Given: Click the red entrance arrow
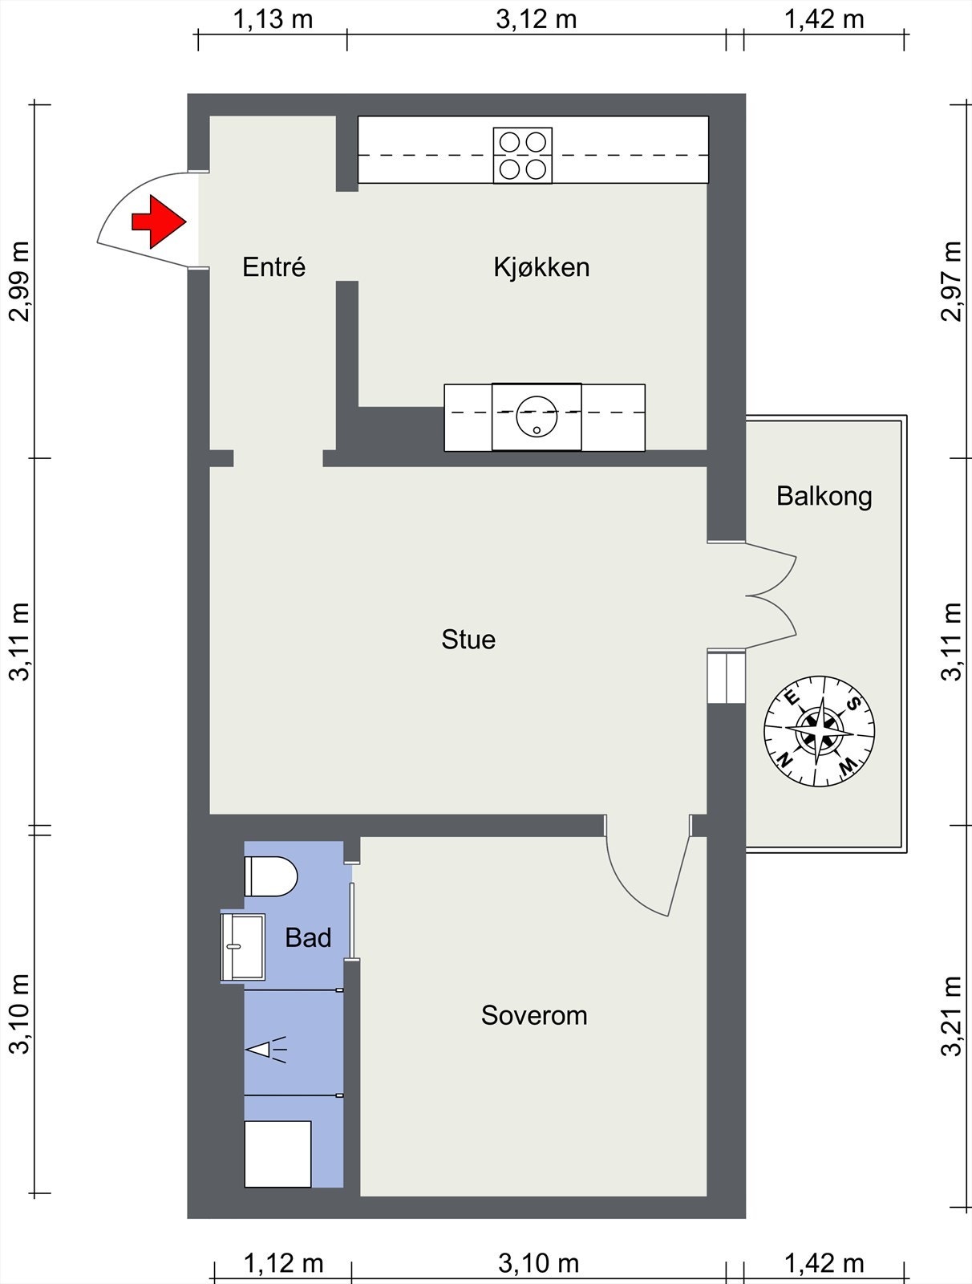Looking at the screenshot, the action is click(159, 221).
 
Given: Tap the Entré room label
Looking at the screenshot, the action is click(273, 266).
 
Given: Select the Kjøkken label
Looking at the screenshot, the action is click(541, 267).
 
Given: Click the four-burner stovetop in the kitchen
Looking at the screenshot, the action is click(523, 156).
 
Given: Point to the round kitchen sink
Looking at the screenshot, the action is click(537, 416).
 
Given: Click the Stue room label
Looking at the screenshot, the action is click(468, 640).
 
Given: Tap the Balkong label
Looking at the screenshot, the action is click(824, 496).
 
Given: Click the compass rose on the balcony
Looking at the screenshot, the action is click(819, 731).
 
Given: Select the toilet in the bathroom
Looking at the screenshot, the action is click(270, 876).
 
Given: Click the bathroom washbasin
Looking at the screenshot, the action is click(242, 946).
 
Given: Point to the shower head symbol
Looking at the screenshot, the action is click(266, 1050).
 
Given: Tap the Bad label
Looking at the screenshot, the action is click(308, 937).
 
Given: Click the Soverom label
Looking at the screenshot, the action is click(534, 1015).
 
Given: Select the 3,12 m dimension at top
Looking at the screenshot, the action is click(536, 19).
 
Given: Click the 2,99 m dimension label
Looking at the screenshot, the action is click(19, 282).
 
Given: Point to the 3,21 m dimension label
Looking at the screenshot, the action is click(951, 1016).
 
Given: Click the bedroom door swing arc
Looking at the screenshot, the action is click(630, 884).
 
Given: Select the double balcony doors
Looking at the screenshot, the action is click(771, 595).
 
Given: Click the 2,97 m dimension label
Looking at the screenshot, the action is click(951, 282).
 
